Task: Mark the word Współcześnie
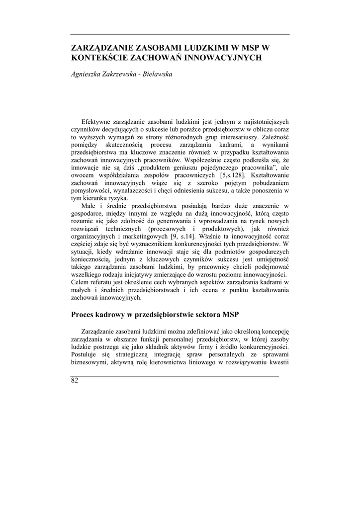point(206,161)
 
